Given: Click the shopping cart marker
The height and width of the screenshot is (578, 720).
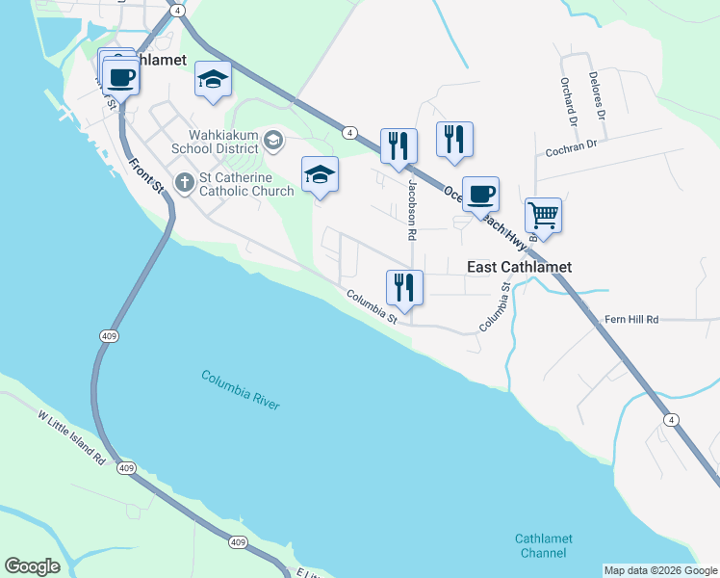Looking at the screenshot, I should [543, 216].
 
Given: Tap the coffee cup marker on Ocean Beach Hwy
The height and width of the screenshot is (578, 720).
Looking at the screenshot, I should [480, 194].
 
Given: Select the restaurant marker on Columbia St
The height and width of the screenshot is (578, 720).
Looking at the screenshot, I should [404, 287].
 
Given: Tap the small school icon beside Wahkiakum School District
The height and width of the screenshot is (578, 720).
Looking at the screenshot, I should [273, 141].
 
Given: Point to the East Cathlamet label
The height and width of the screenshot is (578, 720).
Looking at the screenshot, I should [519, 267].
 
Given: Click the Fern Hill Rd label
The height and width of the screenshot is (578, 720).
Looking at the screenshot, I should [631, 319].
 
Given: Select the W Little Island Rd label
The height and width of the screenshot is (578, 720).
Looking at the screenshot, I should [71, 438].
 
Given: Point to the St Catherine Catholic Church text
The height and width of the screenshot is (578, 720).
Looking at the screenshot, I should [245, 184].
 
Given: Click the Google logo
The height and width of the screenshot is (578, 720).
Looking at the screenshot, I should [32, 566].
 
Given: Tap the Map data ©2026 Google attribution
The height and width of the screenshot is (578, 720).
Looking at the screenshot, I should [660, 570].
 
